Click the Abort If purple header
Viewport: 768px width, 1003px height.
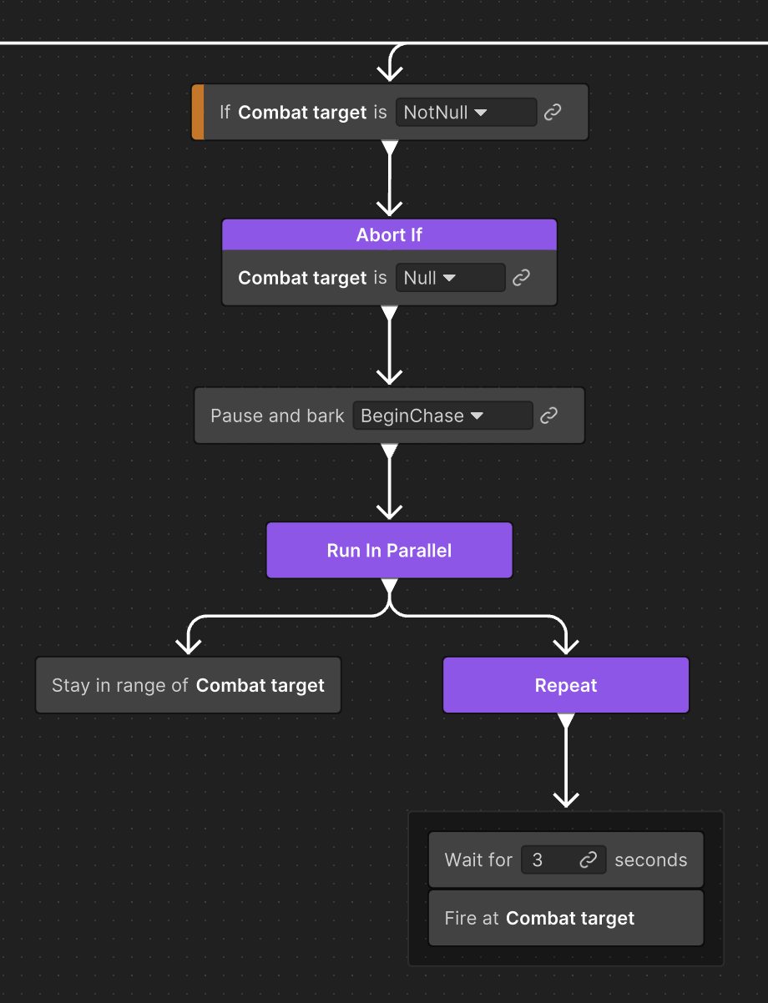pos(389,235)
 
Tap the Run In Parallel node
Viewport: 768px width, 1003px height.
pos(389,551)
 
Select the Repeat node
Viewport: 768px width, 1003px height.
pos(566,685)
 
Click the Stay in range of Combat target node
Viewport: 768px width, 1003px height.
pos(188,685)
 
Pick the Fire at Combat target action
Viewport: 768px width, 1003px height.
pos(566,918)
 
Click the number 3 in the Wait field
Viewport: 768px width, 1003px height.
pos(538,859)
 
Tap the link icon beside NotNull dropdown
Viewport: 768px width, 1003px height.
pos(553,112)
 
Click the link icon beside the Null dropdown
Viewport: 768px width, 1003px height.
pos(522,278)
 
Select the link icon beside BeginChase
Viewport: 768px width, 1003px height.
pos(548,416)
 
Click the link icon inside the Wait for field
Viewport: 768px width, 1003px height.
pos(589,859)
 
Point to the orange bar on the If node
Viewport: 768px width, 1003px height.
pos(198,112)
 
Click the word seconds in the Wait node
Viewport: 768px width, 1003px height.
pos(651,859)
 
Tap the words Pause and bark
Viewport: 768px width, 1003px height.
pos(277,416)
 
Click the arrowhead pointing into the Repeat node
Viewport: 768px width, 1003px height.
pos(566,645)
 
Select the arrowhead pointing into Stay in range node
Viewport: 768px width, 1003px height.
pos(188,645)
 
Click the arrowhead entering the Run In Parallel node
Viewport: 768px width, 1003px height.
pos(389,510)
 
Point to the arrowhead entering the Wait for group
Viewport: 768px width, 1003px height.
pos(566,798)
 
